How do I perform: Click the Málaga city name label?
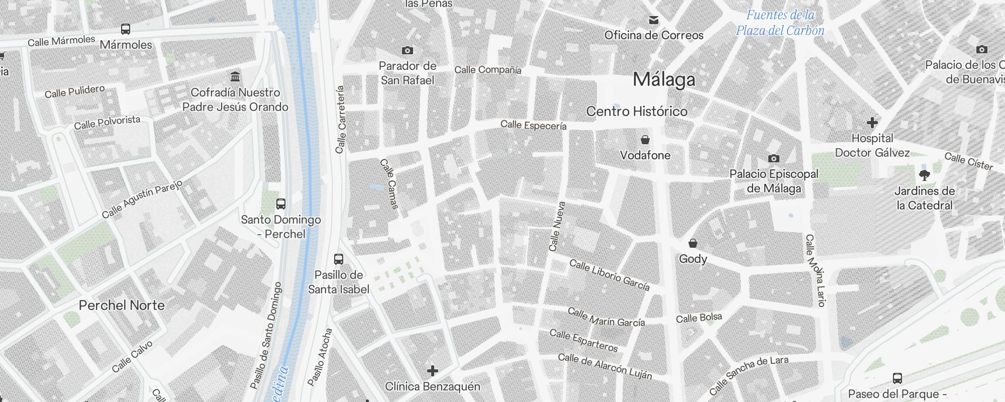664,79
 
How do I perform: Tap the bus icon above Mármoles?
126,29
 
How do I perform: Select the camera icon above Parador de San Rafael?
408,50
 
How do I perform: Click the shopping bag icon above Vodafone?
645,139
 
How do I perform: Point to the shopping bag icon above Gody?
693,243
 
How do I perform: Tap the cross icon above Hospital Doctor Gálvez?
872,123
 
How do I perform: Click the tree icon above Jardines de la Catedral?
924,175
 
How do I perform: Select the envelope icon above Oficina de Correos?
654,20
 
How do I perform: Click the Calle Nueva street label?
557,227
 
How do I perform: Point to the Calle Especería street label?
533,125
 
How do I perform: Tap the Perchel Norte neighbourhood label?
122,305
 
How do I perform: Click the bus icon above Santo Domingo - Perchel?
281,204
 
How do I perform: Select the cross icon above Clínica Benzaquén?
433,371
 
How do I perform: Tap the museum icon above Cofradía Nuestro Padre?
235,77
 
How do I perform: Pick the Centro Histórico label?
637,111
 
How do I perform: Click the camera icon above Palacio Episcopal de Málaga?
774,159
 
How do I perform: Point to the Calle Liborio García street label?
609,275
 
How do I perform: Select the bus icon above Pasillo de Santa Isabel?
339,259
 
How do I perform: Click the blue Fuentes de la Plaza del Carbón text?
780,23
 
